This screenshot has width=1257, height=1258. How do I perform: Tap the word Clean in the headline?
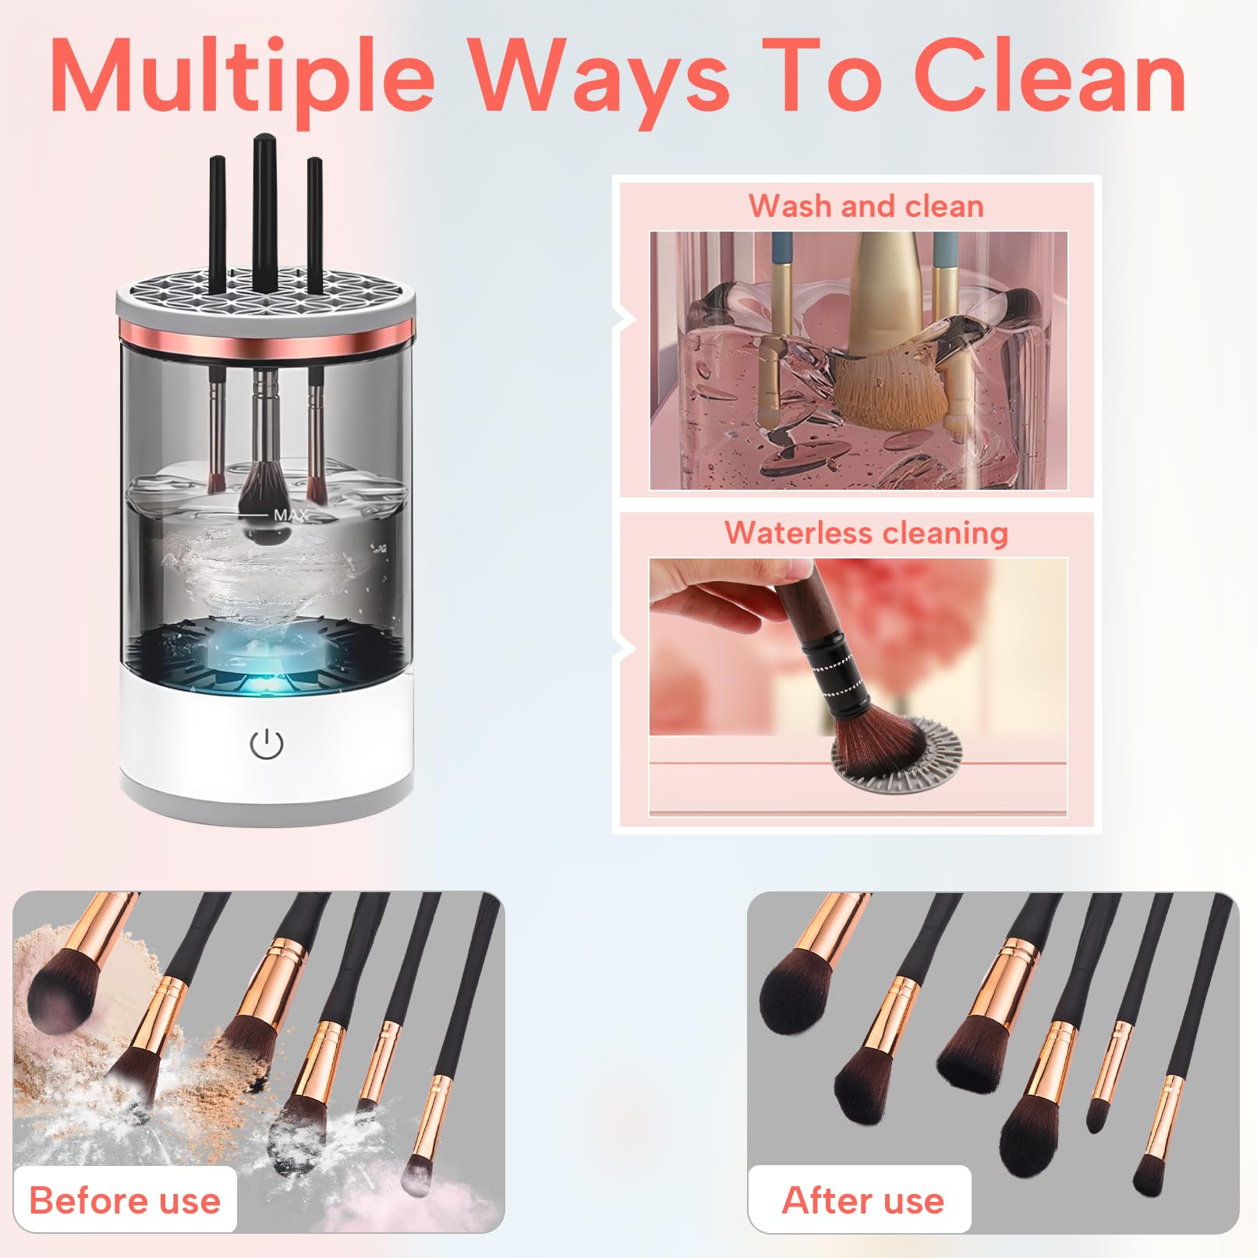pyautogui.click(x=1050, y=76)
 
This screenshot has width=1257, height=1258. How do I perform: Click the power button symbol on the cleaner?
pyautogui.click(x=266, y=744)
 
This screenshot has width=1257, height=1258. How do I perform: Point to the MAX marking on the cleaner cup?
pyautogui.click(x=290, y=515)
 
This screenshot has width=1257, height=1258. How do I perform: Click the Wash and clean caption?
pyautogui.click(x=866, y=206)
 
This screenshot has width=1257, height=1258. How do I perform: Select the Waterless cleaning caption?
pyautogui.click(x=866, y=533)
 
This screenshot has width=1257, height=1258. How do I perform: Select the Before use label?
pyautogui.click(x=125, y=1200)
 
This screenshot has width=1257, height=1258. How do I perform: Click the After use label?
pyautogui.click(x=862, y=1200)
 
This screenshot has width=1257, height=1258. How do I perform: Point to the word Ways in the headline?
pyautogui.click(x=598, y=82)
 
